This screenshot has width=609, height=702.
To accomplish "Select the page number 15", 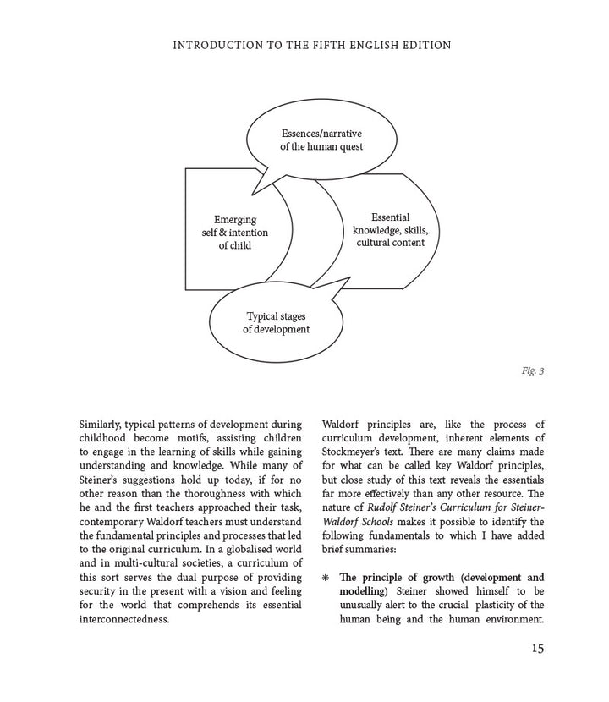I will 537,648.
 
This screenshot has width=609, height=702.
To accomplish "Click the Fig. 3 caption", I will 533,370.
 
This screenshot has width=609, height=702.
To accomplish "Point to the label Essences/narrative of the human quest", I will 321,140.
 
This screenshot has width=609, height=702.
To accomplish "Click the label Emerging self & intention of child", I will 234,233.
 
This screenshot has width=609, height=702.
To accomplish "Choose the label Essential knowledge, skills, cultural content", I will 390,230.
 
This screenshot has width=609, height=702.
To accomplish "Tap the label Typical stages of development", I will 276,323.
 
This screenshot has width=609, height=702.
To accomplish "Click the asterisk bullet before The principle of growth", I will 326,579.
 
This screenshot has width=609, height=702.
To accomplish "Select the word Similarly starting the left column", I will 101,424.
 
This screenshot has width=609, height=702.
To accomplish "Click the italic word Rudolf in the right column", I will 381,507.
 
